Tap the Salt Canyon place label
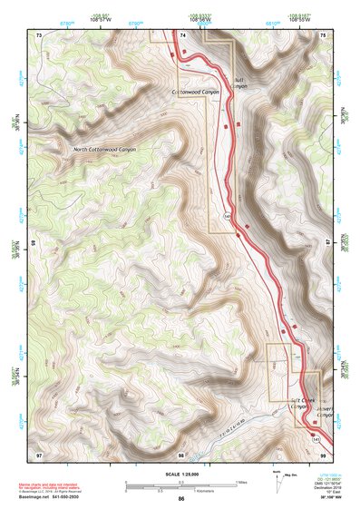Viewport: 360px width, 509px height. (240, 83)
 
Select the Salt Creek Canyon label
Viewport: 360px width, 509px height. (302, 404)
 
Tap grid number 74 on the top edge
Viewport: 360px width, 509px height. (182, 34)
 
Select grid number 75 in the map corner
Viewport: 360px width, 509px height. (326, 34)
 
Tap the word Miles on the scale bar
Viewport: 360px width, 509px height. (242, 481)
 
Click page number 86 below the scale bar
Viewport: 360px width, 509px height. (181, 500)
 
